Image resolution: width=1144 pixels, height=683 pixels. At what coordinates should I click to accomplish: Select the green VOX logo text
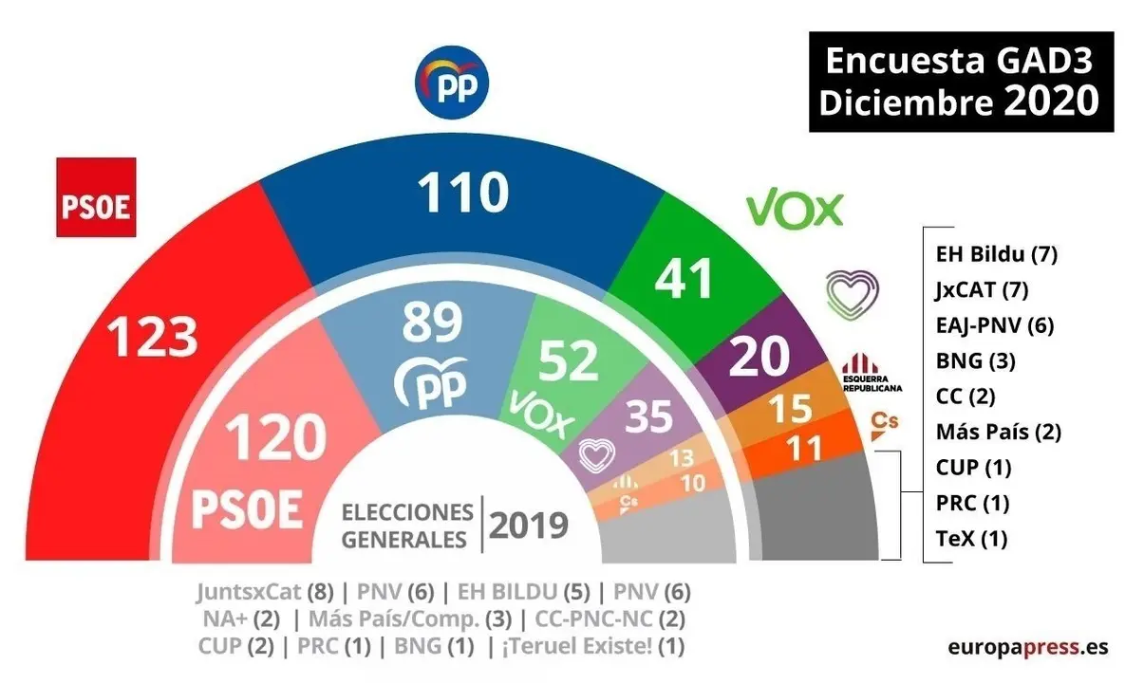[794, 210]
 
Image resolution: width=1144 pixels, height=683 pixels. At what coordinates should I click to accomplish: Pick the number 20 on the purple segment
[760, 356]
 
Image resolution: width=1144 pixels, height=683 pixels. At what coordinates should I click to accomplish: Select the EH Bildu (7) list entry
[996, 253]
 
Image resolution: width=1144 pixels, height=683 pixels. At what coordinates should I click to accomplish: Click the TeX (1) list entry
[970, 539]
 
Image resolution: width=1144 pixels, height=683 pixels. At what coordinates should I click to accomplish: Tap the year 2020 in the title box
[1051, 101]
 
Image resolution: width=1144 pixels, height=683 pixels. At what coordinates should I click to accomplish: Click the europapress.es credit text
[1027, 647]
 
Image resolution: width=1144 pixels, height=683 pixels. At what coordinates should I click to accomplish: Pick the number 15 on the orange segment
[790, 409]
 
